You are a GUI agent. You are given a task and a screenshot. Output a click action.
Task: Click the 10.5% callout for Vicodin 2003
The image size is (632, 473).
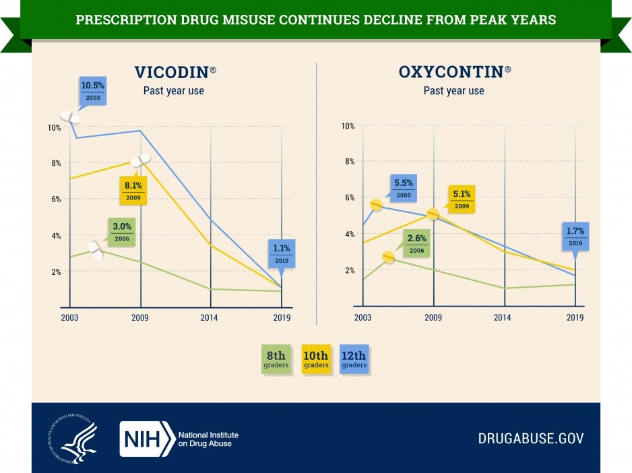pos(92,92)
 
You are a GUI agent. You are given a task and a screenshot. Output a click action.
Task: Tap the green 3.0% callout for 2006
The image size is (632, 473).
pos(121,232)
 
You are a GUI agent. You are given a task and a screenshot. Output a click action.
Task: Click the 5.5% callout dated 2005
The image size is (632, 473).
pos(404,187)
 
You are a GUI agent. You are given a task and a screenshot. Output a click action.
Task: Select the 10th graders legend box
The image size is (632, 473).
pos(315,359)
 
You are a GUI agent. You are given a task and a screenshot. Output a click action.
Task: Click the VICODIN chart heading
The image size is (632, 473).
pos(172,73)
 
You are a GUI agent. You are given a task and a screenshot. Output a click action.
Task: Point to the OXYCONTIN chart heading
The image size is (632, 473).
pos(453,73)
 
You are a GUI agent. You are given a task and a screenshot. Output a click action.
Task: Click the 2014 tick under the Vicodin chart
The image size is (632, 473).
pos(211,317)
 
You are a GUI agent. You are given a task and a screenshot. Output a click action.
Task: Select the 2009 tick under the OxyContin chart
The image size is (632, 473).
pos(433,317)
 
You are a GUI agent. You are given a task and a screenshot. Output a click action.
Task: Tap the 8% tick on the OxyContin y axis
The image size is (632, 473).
pos(349,162)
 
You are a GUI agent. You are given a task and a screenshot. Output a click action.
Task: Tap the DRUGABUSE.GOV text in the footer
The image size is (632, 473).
pos(530,439)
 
